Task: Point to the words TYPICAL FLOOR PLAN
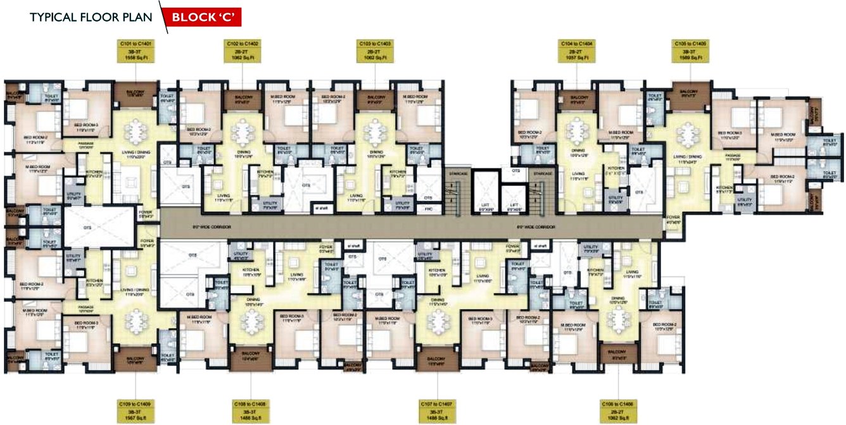(x=91, y=17)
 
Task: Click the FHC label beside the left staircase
(x=428, y=207)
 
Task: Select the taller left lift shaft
(x=484, y=191)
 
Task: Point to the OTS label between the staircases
(x=515, y=171)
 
